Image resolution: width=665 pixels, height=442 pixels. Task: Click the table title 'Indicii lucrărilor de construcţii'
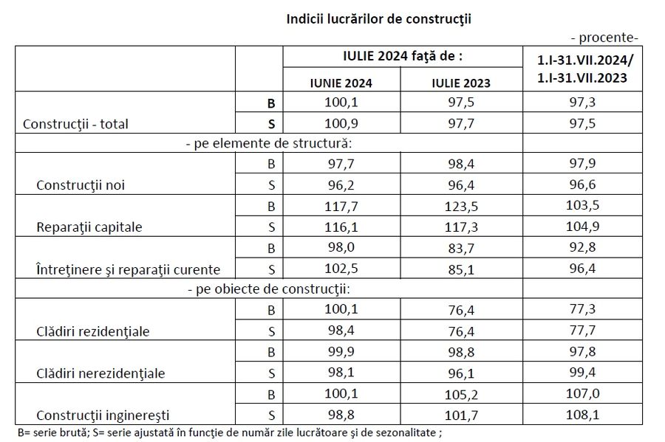point(378,18)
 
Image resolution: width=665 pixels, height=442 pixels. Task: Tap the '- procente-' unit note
point(605,38)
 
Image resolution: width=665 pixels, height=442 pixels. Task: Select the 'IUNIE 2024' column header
point(341,83)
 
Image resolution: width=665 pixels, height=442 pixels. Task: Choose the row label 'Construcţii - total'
point(76,124)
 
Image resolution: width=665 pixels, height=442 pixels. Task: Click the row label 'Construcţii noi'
point(80,184)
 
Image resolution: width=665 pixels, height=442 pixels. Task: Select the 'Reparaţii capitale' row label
point(89,227)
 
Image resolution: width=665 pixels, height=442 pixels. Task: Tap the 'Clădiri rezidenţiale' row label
point(92,331)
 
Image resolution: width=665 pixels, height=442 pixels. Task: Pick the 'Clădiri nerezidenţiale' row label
point(100,373)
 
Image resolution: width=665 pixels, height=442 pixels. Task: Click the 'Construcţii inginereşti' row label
point(102,415)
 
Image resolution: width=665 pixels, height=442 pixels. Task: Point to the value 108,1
point(583,415)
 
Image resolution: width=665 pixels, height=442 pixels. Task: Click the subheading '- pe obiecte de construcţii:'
point(268,289)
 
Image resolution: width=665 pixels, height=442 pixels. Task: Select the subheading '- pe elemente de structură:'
point(268,143)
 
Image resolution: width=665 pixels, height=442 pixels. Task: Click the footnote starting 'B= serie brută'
point(233,432)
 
